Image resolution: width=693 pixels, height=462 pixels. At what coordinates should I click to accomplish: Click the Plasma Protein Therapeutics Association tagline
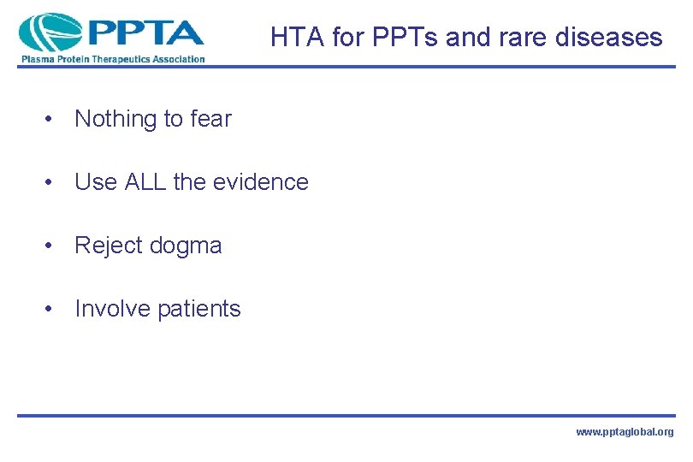coord(112,59)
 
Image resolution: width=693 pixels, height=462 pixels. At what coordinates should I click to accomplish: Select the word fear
coord(210,119)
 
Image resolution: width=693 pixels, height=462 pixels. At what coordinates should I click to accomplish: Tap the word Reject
coord(108,246)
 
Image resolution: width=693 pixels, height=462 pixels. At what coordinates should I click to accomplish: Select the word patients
coord(199,309)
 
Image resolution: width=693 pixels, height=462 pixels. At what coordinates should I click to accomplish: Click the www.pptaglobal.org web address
coord(625,433)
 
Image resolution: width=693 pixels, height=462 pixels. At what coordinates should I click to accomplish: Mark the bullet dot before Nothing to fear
coord(53,120)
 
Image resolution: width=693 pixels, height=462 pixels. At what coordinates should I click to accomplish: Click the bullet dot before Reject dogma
coord(53,246)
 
